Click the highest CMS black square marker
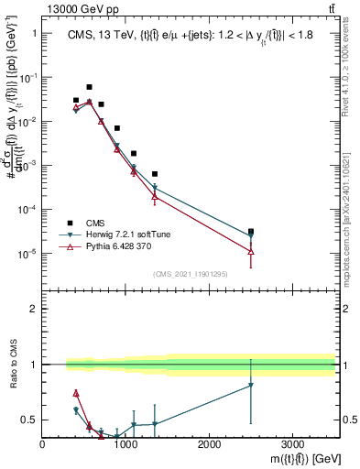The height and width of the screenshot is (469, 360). [89, 87]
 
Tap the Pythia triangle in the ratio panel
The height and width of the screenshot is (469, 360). [76, 393]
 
